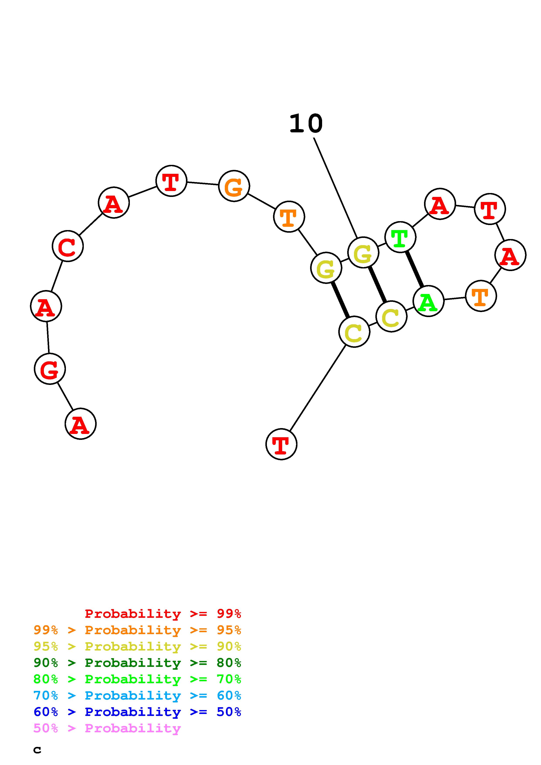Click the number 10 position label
[x=306, y=124]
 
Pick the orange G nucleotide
[x=234, y=186]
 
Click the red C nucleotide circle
[x=68, y=246]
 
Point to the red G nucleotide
[x=50, y=369]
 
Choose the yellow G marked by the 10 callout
[x=363, y=253]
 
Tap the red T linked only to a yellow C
[x=281, y=444]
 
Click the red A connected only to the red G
[x=80, y=424]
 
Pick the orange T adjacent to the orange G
[x=289, y=217]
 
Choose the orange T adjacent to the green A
[x=481, y=296]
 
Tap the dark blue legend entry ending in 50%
[x=137, y=712]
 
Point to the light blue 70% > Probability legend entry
[x=137, y=695]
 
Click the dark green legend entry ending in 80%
[x=137, y=663]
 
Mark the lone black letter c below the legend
[x=37, y=750]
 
